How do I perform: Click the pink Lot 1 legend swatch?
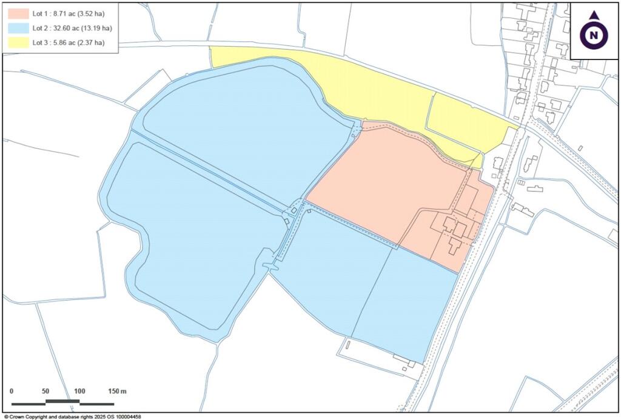[x=18, y=13]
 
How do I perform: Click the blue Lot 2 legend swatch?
[x=18, y=28]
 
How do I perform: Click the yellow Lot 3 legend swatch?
[x=18, y=42]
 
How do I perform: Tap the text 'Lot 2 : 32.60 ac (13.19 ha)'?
[x=72, y=28]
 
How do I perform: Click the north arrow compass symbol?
[x=594, y=31]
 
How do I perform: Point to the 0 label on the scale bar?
[x=12, y=391]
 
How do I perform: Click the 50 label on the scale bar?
[x=45, y=391]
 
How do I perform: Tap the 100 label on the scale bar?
[x=79, y=391]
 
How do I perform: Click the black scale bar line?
[x=62, y=402]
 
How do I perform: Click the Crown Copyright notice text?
[x=72, y=417]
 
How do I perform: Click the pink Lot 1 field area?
[x=388, y=182]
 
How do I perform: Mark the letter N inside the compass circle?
[x=594, y=35]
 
